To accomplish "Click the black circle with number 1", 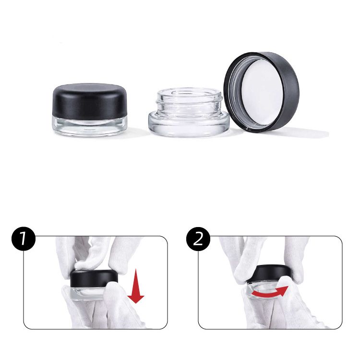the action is (x=24, y=239).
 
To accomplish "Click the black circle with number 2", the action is (x=198, y=239).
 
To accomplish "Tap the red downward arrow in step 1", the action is (x=136, y=286).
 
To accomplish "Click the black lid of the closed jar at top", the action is (x=90, y=101).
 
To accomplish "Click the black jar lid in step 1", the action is (x=94, y=278).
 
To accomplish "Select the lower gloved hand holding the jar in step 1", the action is (x=103, y=308).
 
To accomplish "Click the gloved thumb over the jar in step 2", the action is (x=284, y=284).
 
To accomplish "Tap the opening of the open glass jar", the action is (x=190, y=93).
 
